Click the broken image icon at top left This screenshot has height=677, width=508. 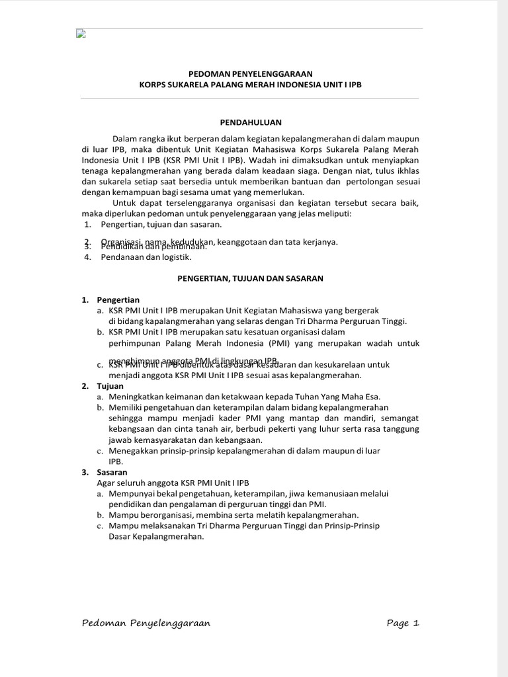81,34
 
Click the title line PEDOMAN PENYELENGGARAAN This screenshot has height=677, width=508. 250,74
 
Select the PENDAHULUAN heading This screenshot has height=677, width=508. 251,122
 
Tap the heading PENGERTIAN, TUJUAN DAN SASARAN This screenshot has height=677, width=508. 250,278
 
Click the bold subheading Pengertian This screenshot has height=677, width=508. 118,299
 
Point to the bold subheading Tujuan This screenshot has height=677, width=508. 110,385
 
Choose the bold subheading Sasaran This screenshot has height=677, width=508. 112,472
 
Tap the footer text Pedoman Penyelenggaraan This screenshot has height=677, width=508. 146,623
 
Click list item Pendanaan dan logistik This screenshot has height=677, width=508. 146,257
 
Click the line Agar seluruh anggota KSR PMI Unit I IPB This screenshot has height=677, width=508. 173,483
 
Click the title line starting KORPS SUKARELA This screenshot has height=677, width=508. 250,85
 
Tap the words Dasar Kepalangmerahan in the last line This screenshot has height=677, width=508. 156,537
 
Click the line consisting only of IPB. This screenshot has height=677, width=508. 116,461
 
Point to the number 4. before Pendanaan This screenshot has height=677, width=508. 87,257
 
